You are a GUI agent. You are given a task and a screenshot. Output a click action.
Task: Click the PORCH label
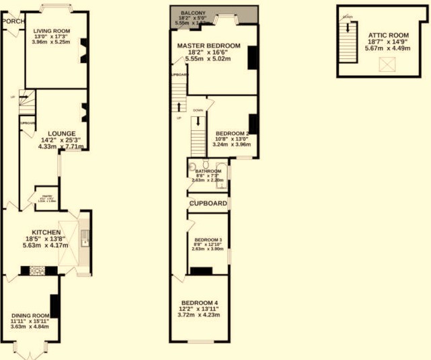(13, 21)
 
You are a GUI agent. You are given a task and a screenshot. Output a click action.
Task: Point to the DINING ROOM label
(30, 316)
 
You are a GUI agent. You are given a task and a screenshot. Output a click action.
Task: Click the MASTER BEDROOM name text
(208, 46)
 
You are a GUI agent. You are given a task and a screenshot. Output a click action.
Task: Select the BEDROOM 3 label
(208, 240)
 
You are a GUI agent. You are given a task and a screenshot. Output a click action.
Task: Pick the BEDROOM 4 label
(200, 302)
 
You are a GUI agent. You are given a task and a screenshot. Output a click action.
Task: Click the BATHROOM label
(208, 171)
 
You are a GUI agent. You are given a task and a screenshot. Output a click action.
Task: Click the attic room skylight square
(387, 64)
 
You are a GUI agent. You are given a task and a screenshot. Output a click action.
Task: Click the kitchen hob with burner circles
(37, 271)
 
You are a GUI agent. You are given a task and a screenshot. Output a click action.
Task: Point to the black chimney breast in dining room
(54, 306)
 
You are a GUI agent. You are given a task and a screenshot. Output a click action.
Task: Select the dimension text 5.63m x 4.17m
(44, 246)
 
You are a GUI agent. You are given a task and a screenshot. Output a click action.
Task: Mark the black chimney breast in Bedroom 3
(201, 271)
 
